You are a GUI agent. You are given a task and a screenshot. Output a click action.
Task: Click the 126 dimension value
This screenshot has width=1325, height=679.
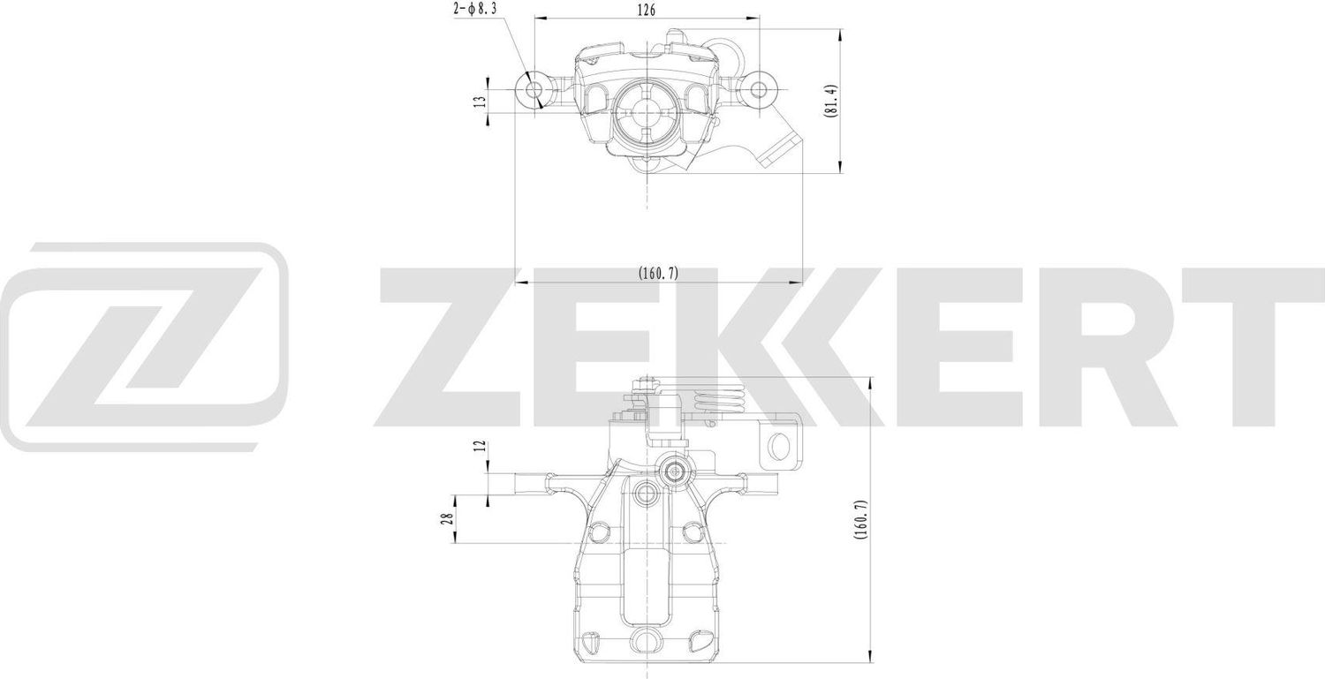tap(647, 11)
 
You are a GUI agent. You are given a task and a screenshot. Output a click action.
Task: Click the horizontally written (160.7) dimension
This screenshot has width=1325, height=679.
tap(658, 274)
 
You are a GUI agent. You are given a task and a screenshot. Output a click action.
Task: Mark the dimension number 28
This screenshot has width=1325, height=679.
tap(449, 519)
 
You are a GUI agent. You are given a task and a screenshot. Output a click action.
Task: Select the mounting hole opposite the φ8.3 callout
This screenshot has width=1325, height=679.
tap(758, 89)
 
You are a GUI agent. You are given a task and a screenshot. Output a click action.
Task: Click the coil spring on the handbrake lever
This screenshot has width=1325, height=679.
tap(716, 402)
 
